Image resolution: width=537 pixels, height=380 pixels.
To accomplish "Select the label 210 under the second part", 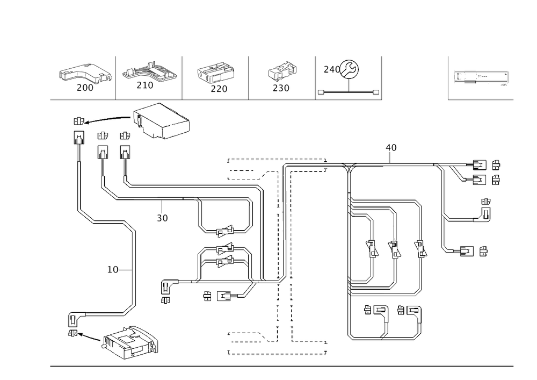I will pyautogui.click(x=144, y=85).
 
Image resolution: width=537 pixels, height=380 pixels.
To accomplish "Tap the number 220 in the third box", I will pyautogui.click(x=219, y=89).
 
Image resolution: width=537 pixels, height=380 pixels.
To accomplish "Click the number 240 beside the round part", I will pyautogui.click(x=331, y=69).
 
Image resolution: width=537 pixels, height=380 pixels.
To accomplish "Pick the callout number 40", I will pyautogui.click(x=391, y=147).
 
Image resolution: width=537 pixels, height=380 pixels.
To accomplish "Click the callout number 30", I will pyautogui.click(x=162, y=218).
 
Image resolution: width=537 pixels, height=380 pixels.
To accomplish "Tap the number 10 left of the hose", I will pyautogui.click(x=112, y=270).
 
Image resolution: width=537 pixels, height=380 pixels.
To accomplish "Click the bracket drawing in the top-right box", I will pyautogui.click(x=481, y=77).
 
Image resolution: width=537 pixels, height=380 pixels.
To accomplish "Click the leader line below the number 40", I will pyautogui.click(x=391, y=159).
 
